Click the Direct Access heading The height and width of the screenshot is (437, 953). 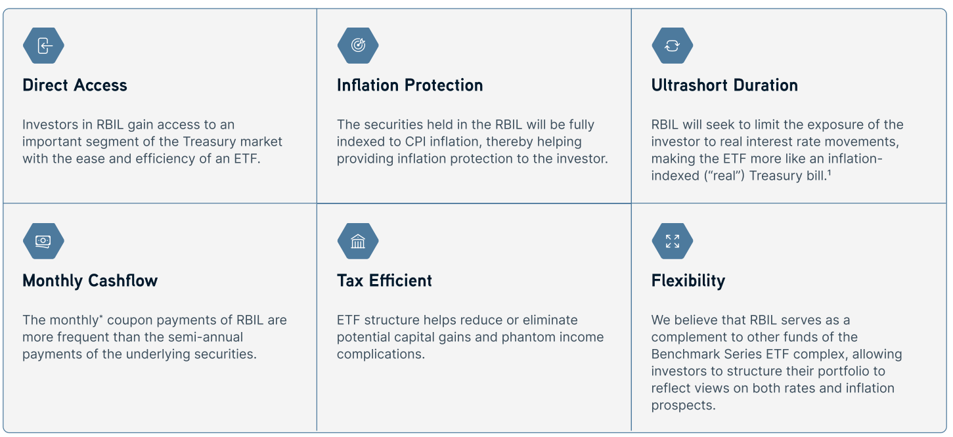(x=75, y=85)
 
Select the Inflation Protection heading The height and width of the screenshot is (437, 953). (x=410, y=85)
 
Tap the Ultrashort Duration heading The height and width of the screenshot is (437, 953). (x=724, y=85)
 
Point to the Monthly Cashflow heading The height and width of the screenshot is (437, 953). (x=90, y=281)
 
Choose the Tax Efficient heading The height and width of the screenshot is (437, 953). (x=384, y=281)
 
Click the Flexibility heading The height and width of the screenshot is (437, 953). (x=688, y=281)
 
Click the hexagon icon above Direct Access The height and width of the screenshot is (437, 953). (x=43, y=45)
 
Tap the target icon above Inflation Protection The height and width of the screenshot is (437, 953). (x=358, y=45)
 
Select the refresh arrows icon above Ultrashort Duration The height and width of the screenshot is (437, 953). (x=672, y=45)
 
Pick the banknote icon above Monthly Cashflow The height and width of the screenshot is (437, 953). (x=43, y=241)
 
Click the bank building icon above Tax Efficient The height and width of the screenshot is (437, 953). (x=358, y=241)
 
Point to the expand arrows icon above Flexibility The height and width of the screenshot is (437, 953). (x=672, y=241)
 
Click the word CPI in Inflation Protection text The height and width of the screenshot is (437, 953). (x=415, y=142)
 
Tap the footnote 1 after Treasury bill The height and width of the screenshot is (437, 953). (x=829, y=173)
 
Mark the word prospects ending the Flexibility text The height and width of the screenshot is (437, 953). (x=683, y=406)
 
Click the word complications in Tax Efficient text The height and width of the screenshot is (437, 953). (x=381, y=354)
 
